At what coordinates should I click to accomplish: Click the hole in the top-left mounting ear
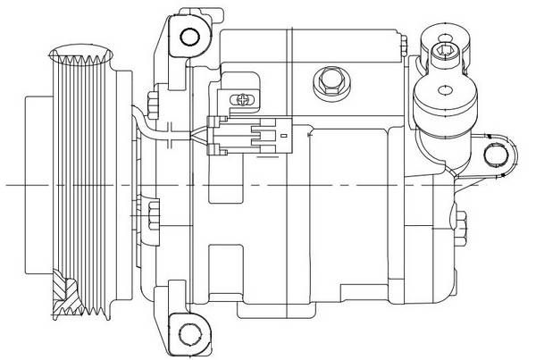tap(188, 36)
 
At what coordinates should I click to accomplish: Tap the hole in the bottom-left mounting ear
tap(188, 334)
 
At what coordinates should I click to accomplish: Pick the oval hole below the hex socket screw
tap(445, 90)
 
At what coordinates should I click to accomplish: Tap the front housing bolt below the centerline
tap(153, 214)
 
